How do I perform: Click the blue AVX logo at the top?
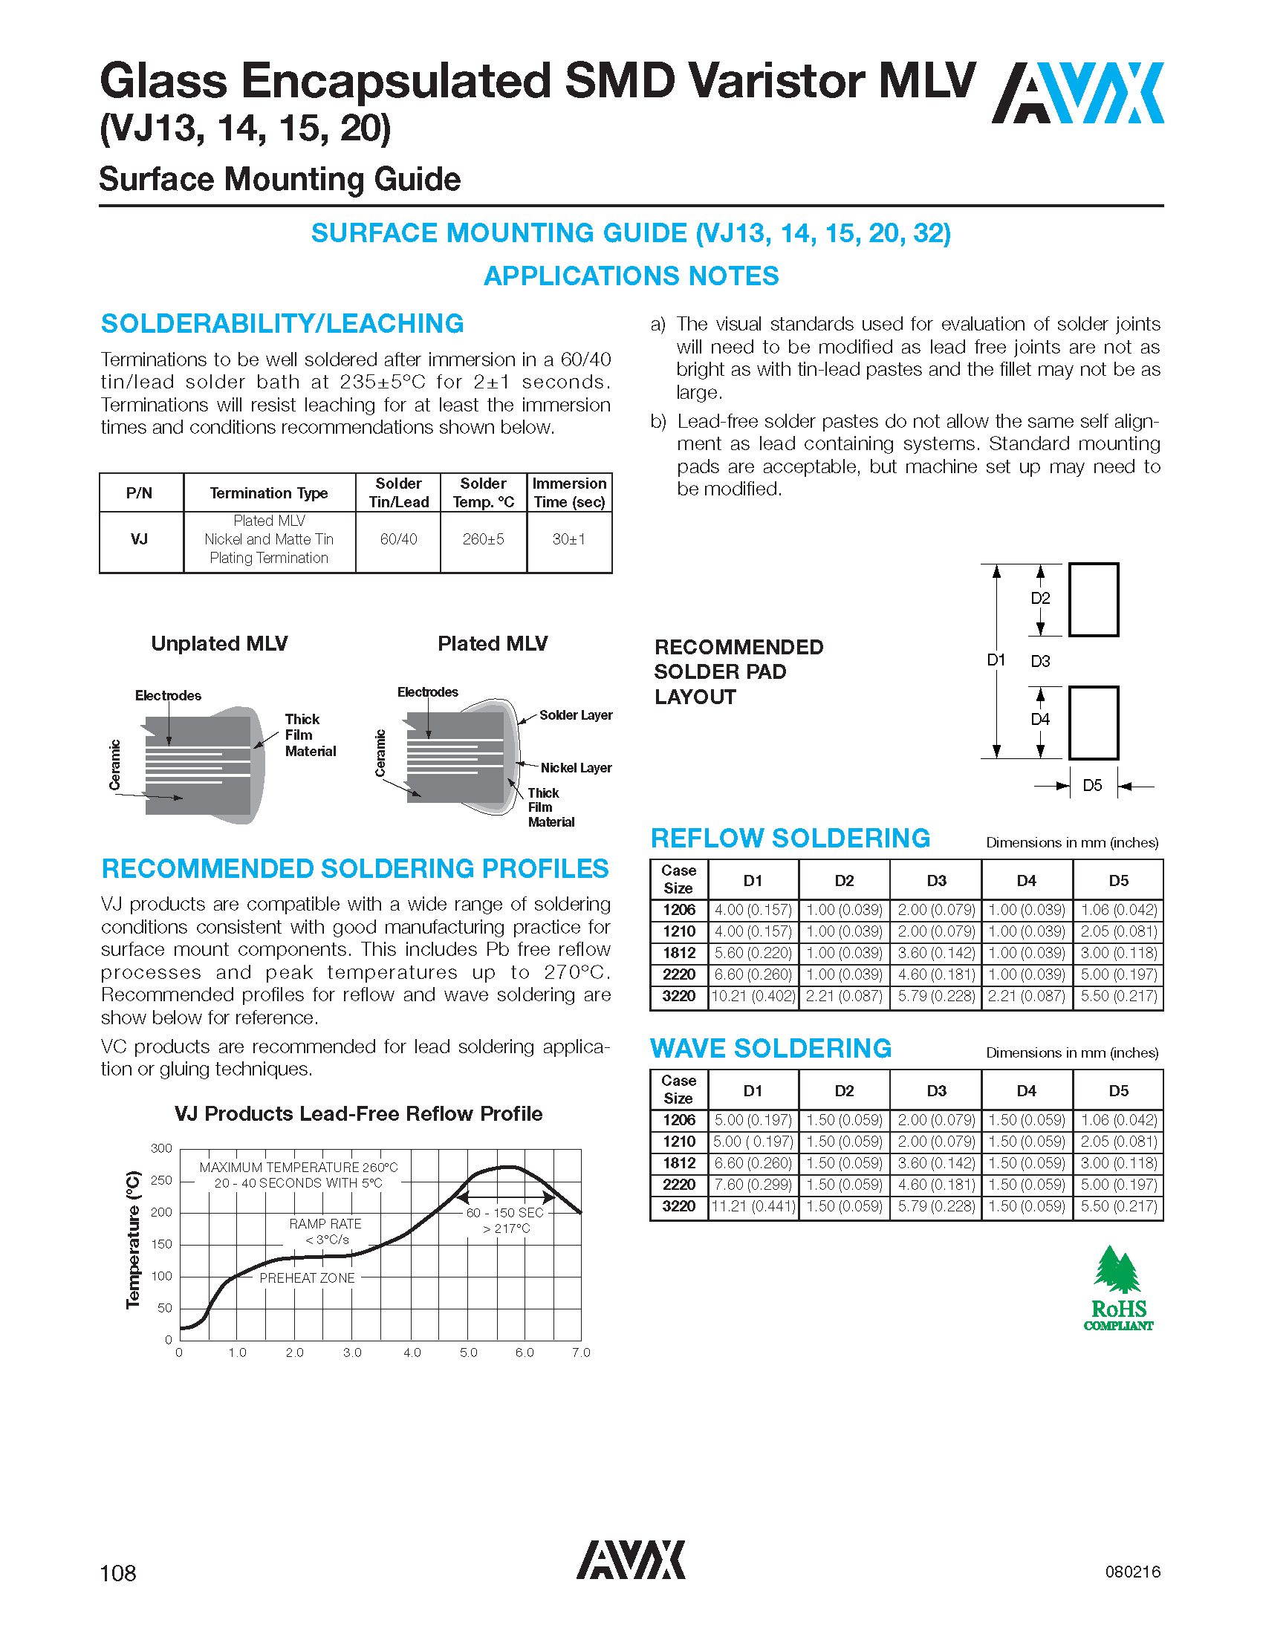1077,93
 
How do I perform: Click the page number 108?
118,1572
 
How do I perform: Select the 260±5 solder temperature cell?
484,539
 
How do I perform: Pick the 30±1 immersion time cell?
568,539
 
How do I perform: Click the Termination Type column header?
269,493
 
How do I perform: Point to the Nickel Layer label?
575,768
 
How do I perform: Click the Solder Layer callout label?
575,715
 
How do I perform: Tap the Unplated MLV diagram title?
219,643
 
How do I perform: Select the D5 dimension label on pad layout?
1092,786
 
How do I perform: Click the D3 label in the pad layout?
1040,661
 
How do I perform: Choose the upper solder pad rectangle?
1093,600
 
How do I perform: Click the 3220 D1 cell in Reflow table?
753,997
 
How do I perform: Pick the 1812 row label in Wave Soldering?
678,1163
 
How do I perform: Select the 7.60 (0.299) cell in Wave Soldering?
753,1185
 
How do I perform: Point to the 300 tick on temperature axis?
162,1148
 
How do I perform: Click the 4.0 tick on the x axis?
412,1353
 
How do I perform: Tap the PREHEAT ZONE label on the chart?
307,1279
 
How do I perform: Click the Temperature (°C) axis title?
133,1240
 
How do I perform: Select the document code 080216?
1133,1572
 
